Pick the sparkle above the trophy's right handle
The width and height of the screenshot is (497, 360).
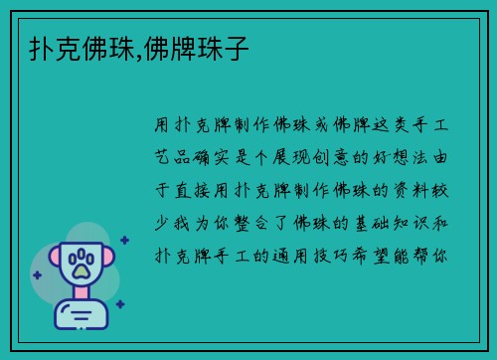click(x=123, y=239)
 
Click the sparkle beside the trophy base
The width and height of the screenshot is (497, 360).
click(x=119, y=304)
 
